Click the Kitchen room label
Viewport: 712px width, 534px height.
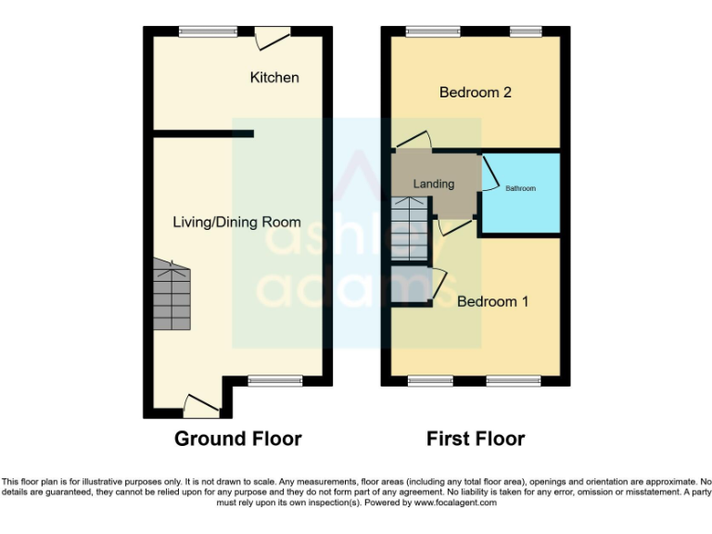274,77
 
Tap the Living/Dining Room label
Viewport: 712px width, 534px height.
236,222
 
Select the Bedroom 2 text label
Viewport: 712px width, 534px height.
476,92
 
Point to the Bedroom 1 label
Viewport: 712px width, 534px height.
492,301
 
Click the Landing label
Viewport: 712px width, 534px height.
433,184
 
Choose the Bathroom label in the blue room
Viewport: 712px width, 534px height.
520,188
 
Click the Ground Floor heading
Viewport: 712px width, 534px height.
237,439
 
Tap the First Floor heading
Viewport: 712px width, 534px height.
476,439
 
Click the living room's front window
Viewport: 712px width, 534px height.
275,380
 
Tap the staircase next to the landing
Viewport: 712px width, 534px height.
409,232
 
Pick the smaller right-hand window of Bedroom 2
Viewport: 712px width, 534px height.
526,32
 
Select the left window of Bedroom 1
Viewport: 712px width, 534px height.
430,380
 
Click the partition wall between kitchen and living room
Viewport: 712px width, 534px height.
203,133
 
